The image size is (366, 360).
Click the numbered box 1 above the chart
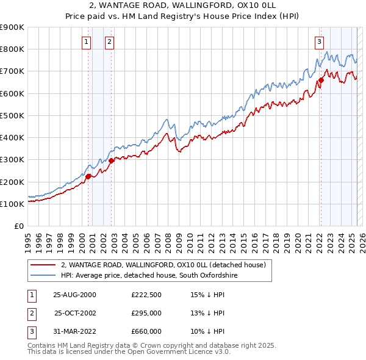coord(86,42)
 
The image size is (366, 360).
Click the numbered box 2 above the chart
coord(109,42)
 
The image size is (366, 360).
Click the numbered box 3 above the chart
coord(319,42)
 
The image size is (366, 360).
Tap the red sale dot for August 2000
coord(88,176)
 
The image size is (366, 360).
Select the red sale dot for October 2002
coord(112,160)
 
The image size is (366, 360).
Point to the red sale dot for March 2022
coord(321,80)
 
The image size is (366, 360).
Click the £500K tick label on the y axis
coord(12,115)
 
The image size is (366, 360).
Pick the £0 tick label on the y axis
coord(18,226)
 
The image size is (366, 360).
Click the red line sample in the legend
coord(42,265)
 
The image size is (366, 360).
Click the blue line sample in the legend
coord(42,276)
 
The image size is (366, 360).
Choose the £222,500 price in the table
coord(146,295)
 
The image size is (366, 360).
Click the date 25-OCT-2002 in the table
coord(75,313)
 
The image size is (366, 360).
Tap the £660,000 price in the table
coord(146,331)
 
